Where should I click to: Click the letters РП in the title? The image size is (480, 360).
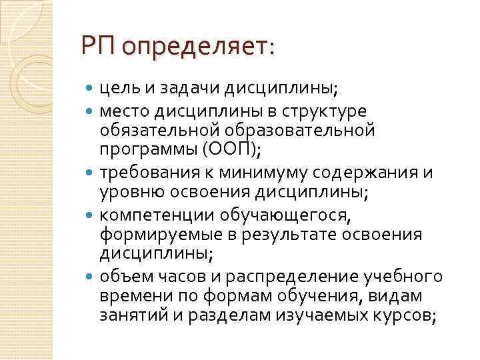pyautogui.click(x=99, y=47)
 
